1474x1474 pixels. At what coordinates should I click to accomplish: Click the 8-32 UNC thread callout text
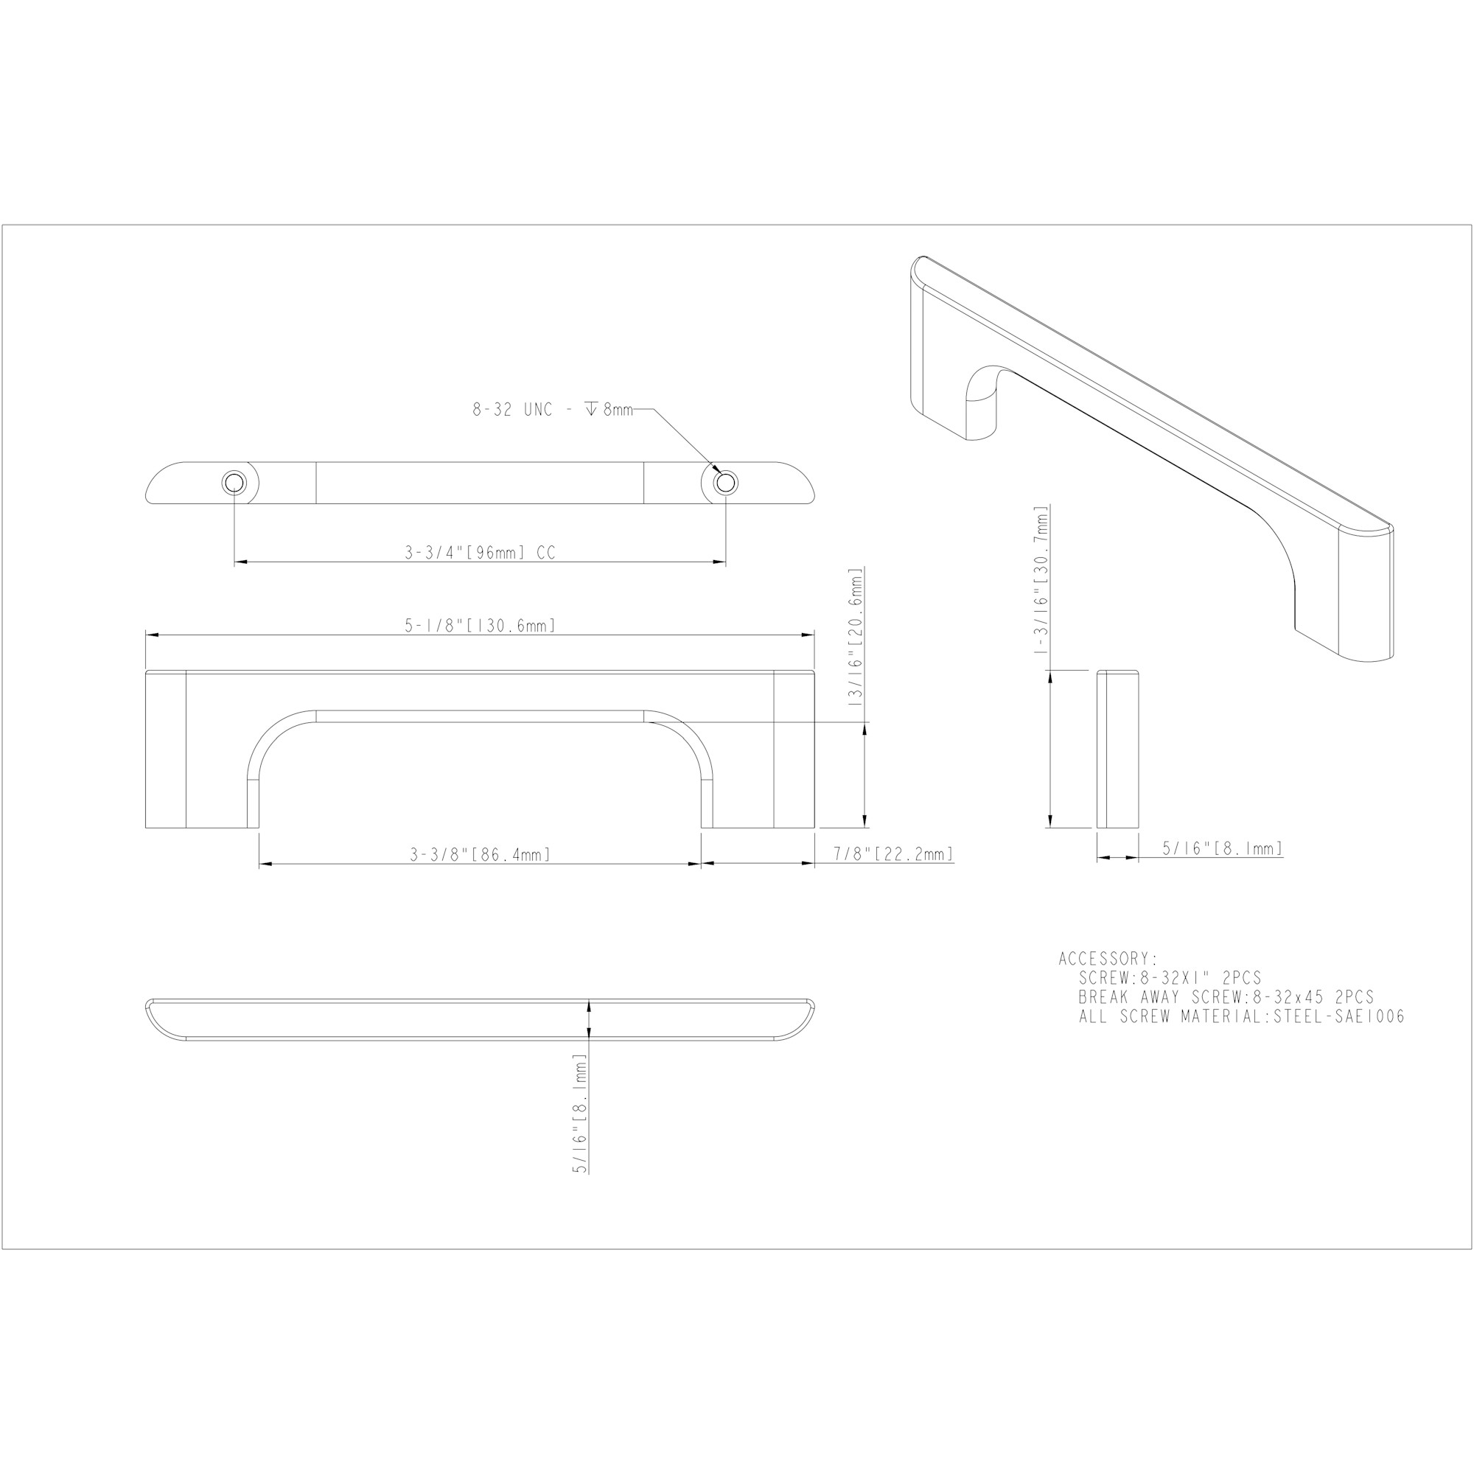pos(552,410)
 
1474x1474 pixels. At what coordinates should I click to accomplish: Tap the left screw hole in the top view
pos(234,483)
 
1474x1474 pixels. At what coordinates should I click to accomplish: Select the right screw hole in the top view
pos(725,483)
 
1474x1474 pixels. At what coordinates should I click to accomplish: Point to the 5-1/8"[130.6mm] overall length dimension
pos(480,626)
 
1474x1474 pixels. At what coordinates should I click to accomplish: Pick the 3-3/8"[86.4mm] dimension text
pos(480,854)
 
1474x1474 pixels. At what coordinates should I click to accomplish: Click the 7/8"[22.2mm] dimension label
pos(893,853)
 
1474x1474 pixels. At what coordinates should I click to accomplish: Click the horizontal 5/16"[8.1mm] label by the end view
pos(1222,848)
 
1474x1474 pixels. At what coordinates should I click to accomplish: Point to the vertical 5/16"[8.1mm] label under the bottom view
pos(581,1113)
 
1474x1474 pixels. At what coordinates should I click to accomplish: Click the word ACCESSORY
pos(1108,959)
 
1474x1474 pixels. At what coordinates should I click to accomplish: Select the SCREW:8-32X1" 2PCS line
pos(1170,978)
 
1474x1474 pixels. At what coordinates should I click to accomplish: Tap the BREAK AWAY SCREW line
pos(1226,997)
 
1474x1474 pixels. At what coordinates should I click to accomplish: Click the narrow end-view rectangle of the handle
pos(1118,749)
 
